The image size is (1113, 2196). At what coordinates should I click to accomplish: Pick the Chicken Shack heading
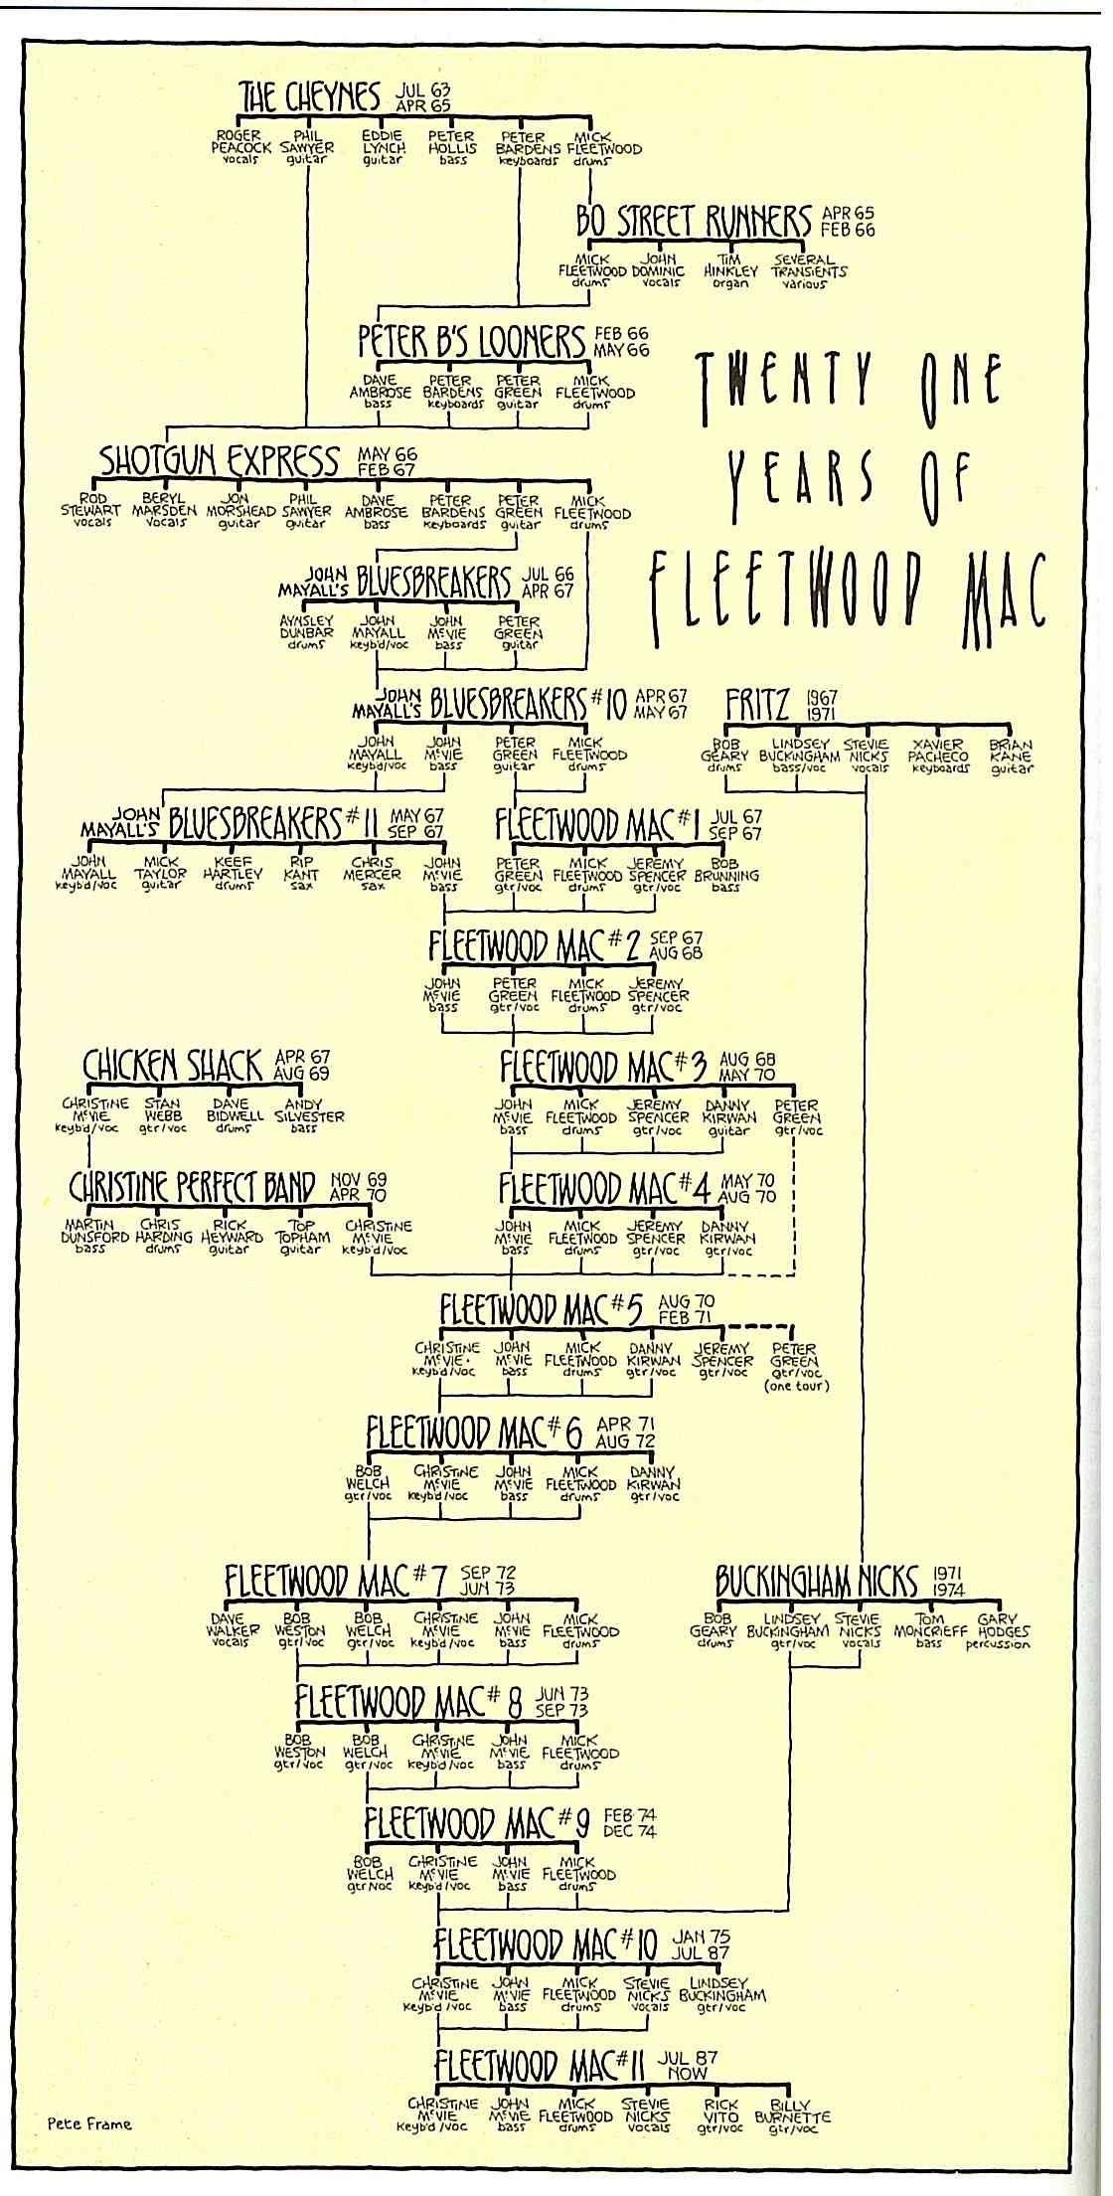point(173,1066)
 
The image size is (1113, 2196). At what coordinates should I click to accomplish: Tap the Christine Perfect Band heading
point(192,1187)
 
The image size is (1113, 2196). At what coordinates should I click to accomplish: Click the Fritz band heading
point(758,705)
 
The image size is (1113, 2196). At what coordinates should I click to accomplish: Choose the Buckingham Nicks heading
point(820,1582)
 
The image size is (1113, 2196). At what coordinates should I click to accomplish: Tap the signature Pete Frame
point(88,2124)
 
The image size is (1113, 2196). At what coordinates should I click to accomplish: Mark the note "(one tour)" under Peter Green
point(796,1386)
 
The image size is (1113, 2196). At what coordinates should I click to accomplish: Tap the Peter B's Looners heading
point(471,341)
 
